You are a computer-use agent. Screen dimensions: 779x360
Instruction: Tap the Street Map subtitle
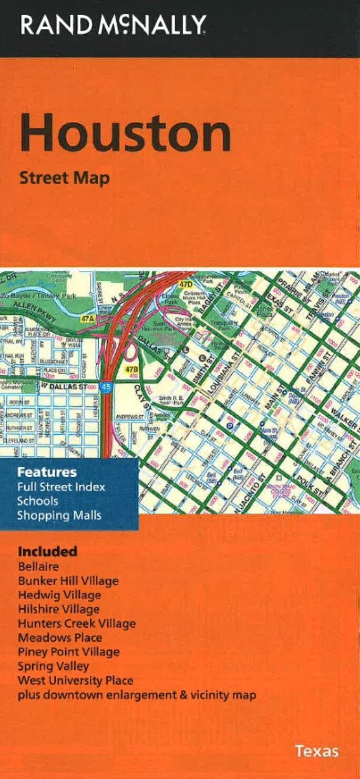[64, 178]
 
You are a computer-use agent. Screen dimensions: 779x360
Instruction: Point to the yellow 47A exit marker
[87, 319]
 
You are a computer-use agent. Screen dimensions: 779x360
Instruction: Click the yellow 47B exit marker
[130, 370]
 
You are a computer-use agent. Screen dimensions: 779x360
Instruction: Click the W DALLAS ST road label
[64, 387]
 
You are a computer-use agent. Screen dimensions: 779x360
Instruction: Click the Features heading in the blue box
[46, 471]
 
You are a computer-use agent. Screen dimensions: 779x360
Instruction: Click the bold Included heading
[47, 551]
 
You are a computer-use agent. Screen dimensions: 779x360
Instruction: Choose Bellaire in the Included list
[38, 567]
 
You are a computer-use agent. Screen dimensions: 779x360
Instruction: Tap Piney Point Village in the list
[68, 652]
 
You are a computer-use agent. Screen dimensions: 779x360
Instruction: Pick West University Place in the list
[75, 681]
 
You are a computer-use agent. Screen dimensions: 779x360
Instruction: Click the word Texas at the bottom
[316, 751]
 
